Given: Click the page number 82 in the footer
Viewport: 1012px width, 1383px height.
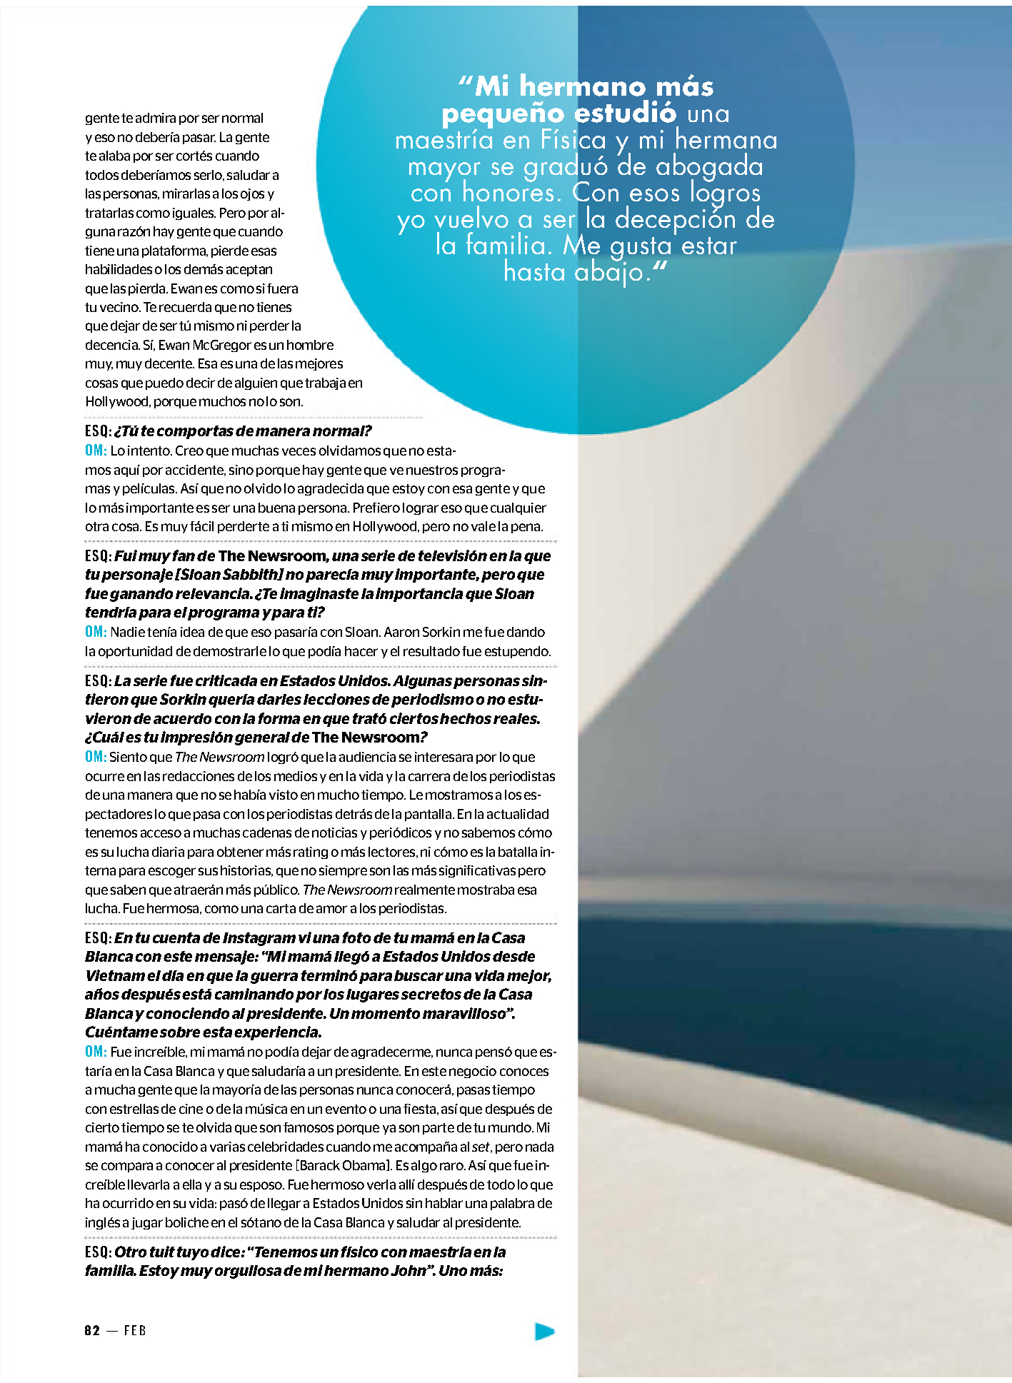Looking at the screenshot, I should [92, 1330].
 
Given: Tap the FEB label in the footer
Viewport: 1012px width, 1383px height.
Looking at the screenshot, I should [135, 1330].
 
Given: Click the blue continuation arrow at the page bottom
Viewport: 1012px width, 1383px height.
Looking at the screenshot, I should [544, 1331].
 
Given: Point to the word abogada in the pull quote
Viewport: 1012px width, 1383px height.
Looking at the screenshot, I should [709, 167].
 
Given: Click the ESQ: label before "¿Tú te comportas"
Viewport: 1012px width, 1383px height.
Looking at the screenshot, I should [98, 431].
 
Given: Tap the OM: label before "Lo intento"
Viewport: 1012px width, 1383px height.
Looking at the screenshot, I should [96, 451].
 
